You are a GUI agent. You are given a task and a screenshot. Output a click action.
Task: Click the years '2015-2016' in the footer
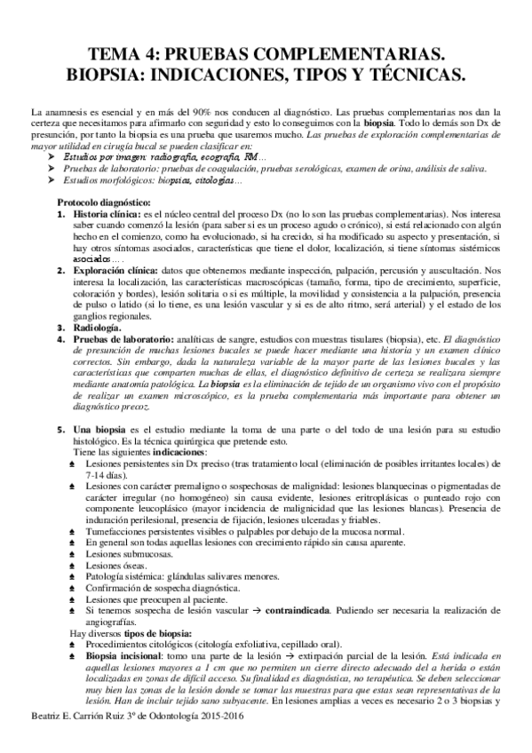click(x=225, y=741)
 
